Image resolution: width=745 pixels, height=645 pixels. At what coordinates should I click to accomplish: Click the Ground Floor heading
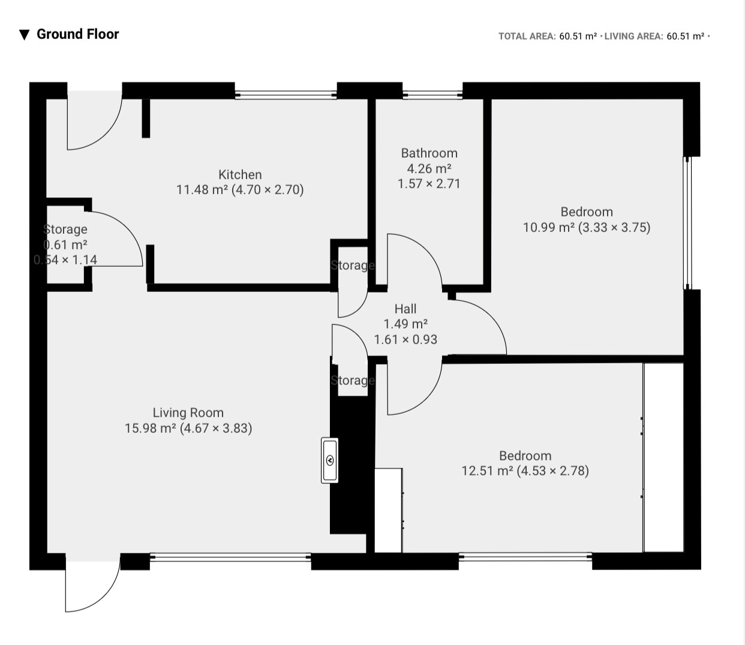coord(77,34)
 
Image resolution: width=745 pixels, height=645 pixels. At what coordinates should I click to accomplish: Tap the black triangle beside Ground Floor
coord(24,35)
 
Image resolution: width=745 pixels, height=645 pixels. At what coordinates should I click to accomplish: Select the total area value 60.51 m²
coord(578,37)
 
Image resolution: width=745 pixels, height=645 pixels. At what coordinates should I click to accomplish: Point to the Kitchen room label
coord(240,174)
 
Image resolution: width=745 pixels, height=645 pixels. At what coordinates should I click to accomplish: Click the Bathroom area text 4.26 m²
coord(429,168)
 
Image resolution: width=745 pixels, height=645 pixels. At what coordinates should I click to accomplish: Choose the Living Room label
coord(188,412)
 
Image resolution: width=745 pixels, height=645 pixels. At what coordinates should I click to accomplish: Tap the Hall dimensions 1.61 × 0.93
coord(405,340)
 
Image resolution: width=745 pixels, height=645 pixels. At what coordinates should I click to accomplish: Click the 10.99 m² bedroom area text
coord(549,227)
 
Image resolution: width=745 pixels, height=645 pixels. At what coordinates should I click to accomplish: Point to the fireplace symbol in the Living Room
coord(329,460)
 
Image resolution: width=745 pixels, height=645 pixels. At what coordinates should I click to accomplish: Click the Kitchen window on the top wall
coord(286,95)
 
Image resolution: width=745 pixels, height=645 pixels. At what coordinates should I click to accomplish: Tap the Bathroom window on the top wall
coord(432,95)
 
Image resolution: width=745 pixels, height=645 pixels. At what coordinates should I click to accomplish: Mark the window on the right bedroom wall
coord(687,223)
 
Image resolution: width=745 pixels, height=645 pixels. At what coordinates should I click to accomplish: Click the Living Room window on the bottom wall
coord(230,557)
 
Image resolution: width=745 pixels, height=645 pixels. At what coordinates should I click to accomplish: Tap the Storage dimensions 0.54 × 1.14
coord(65,260)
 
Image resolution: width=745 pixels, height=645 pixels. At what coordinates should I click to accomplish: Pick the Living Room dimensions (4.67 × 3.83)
coord(216,428)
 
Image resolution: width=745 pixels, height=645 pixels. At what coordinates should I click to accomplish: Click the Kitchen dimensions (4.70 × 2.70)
coord(268,190)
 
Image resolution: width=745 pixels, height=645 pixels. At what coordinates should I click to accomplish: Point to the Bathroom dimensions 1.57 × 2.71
coord(429,183)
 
